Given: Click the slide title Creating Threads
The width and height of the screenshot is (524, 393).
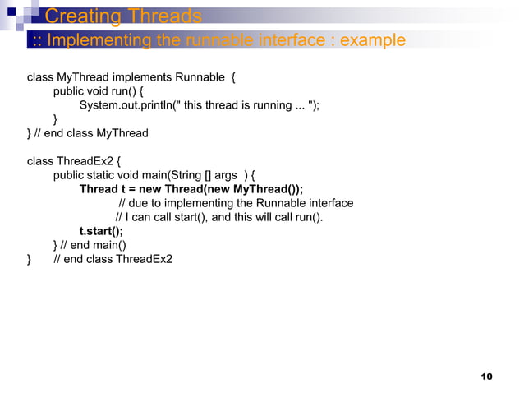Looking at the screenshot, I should (x=123, y=16).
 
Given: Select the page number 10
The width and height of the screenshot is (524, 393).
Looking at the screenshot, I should (x=485, y=377).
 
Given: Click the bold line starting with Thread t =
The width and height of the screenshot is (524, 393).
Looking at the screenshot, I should (x=191, y=189).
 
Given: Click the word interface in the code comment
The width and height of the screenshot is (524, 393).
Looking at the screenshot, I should (x=329, y=203).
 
